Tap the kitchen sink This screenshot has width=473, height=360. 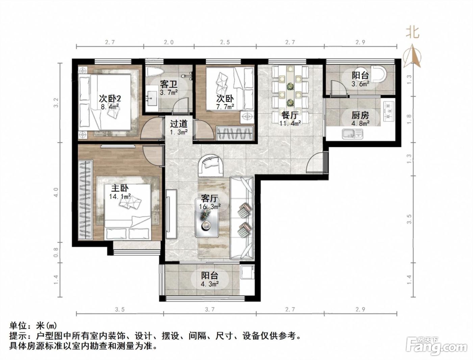(352, 133)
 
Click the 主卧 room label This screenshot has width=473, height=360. (120, 188)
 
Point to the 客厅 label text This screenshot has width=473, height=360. (209, 198)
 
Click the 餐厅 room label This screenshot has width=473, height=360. (290, 115)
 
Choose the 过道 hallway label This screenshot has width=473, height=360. (179, 124)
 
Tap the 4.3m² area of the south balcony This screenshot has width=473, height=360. (209, 284)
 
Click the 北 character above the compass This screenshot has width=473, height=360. (412, 33)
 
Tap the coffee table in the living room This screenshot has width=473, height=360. (207, 218)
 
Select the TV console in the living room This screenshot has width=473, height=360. (172, 213)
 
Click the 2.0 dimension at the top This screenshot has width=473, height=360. (169, 42)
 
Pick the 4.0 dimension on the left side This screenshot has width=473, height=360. (56, 192)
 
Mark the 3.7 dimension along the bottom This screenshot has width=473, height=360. (210, 309)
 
